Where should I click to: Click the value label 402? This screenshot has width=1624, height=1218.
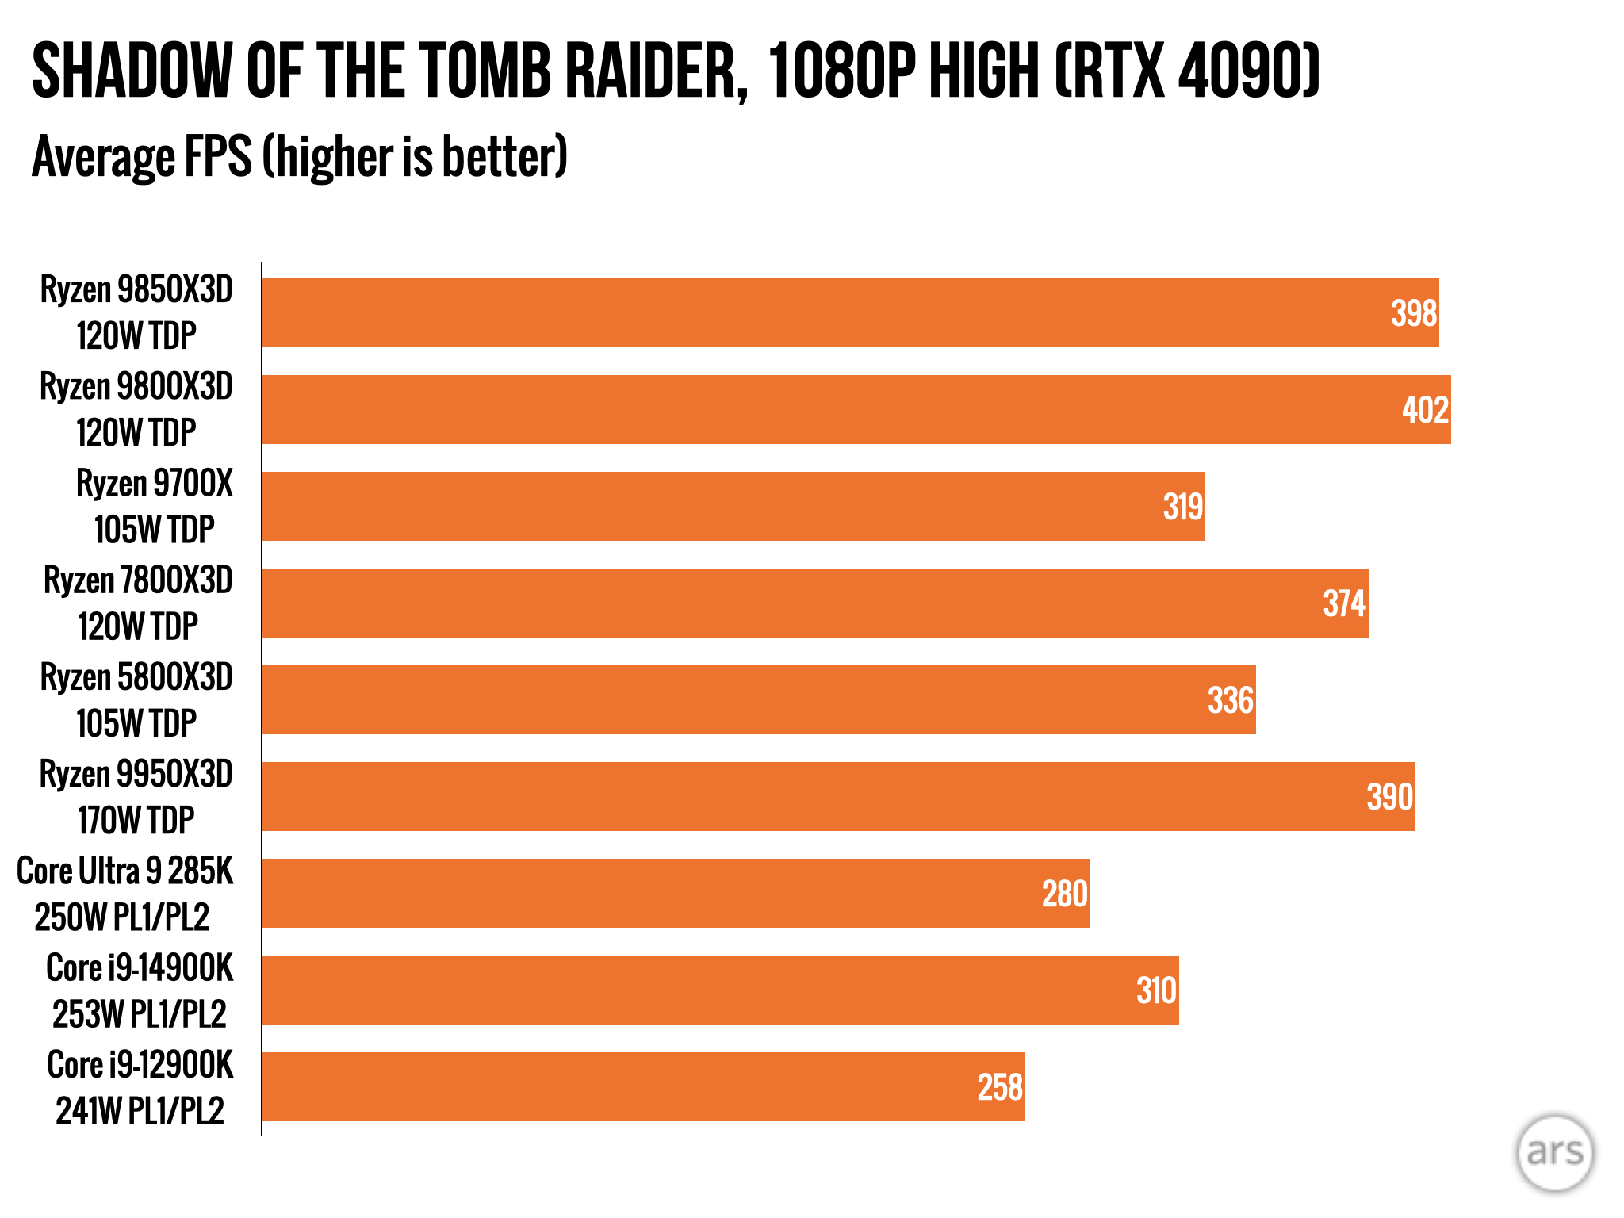click(x=1425, y=410)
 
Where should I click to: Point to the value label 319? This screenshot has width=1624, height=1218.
click(x=1182, y=507)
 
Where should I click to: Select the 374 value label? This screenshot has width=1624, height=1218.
click(x=1344, y=603)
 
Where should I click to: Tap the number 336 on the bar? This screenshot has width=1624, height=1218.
click(x=1230, y=700)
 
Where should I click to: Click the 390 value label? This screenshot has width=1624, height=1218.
click(x=1389, y=797)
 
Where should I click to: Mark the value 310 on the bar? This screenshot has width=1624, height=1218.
click(x=1156, y=990)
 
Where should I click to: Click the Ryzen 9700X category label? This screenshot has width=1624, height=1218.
click(x=154, y=506)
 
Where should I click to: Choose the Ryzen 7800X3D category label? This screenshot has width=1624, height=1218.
click(x=138, y=603)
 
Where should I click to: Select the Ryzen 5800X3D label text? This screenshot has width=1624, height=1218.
click(x=136, y=699)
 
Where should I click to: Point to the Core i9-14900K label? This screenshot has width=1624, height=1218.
click(x=140, y=990)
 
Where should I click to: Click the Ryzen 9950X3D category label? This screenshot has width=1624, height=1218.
click(x=136, y=796)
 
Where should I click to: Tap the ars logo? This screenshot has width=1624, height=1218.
click(x=1554, y=1152)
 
